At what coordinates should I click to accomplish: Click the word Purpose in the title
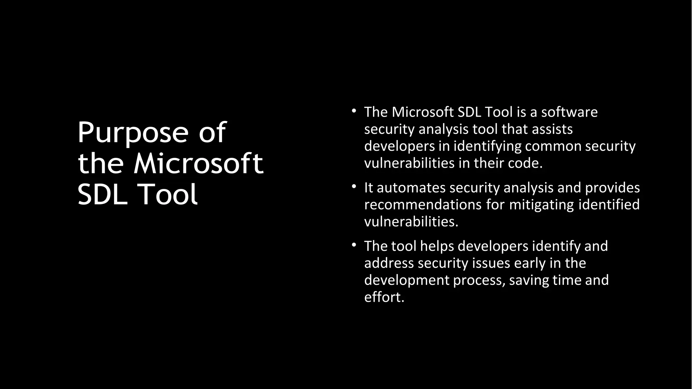click(x=132, y=133)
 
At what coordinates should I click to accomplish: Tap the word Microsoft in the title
click(x=198, y=164)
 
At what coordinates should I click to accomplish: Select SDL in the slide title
click(x=102, y=195)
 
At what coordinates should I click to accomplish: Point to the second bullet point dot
click(x=354, y=186)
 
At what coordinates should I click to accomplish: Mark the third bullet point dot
click(x=354, y=244)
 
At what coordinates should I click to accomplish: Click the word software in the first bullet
click(x=569, y=112)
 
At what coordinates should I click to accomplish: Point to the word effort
click(x=384, y=297)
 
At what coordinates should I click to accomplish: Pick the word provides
click(x=612, y=188)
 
